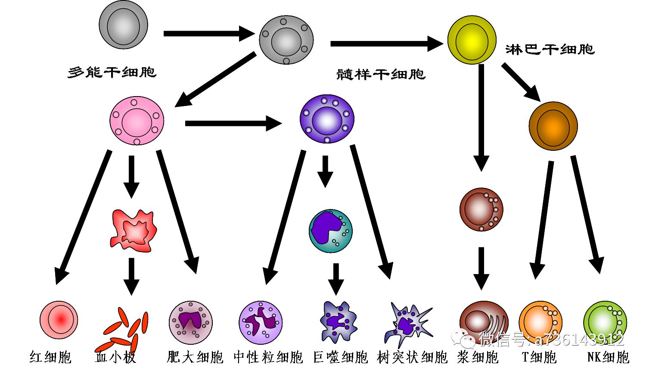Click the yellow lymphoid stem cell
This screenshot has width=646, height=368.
coord(472,40)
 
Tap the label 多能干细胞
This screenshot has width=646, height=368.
coord(112,72)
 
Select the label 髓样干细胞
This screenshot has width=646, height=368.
coord(381,74)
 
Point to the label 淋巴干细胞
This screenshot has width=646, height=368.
coord(550,49)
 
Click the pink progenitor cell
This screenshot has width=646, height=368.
coord(137,121)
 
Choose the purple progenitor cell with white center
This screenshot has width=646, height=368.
coord(327,119)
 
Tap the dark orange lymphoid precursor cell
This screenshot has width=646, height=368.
coord(553,126)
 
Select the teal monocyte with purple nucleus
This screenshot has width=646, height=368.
coord(330,231)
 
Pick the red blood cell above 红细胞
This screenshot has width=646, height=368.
coord(59,320)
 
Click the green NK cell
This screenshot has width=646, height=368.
coord(605,322)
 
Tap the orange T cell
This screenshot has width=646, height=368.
coord(540,322)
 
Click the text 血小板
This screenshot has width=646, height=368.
coord(115,357)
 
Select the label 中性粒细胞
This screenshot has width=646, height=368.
coord(268,357)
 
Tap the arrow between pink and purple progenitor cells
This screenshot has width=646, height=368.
coord(233,123)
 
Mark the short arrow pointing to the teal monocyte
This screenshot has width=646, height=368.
coord(325,171)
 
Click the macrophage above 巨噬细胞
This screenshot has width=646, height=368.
coord(339,321)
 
